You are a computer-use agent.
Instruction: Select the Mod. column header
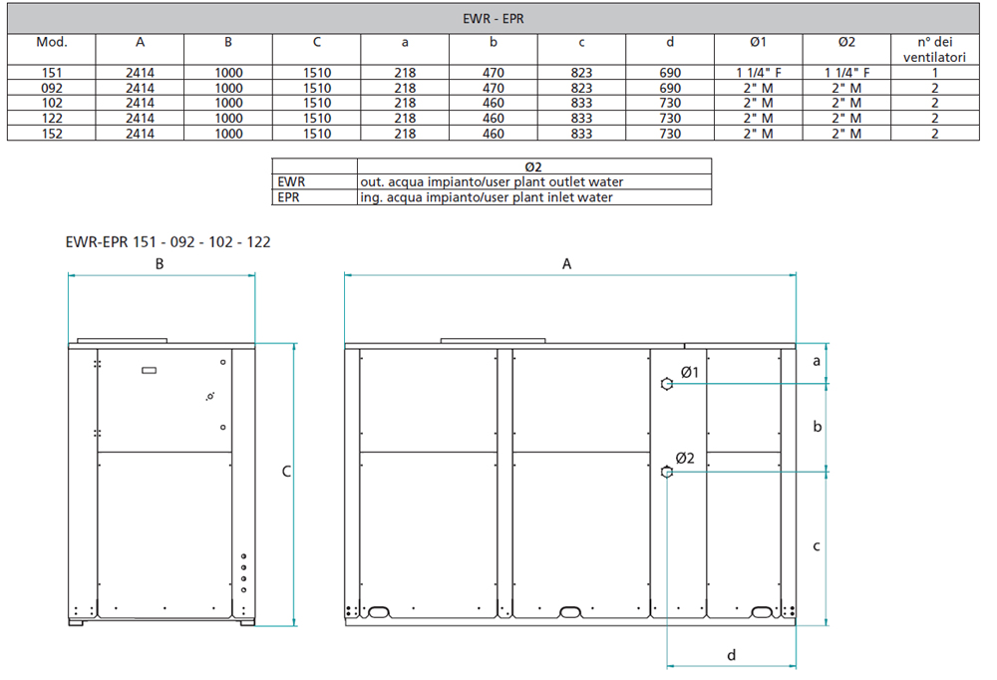[x=52, y=43]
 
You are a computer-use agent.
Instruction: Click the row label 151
[x=52, y=74]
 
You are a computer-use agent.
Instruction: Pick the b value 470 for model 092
[x=493, y=89]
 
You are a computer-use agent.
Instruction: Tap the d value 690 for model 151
[x=669, y=74]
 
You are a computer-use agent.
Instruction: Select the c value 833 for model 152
[x=581, y=134]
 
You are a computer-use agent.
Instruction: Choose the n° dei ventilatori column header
[x=934, y=50]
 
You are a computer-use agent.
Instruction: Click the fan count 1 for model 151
[x=934, y=74]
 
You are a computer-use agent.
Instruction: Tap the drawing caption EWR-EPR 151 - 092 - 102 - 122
[x=167, y=241]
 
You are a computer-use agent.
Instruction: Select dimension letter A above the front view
[x=567, y=264]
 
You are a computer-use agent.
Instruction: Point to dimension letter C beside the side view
[x=285, y=471]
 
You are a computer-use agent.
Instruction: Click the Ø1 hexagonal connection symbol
[x=667, y=384]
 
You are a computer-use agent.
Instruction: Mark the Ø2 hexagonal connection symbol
[x=667, y=473]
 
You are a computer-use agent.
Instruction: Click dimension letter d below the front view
[x=731, y=655]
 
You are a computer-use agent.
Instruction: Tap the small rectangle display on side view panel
[x=150, y=370]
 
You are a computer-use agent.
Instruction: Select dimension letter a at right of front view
[x=817, y=361]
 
